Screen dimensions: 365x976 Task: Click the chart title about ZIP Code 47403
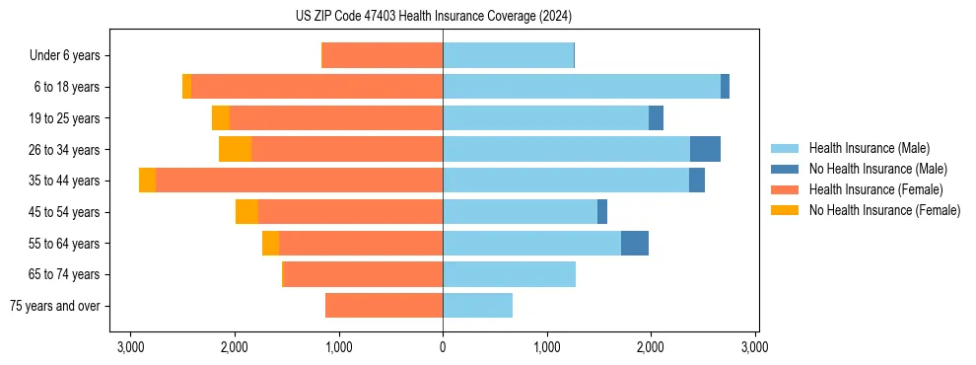pos(433,16)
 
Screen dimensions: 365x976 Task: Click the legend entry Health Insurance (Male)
pos(869,148)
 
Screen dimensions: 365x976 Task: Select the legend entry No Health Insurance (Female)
pos(884,210)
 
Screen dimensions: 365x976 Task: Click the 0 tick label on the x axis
pos(443,347)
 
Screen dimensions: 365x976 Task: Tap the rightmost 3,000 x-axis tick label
pos(754,347)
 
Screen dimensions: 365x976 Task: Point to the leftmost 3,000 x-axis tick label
pos(130,347)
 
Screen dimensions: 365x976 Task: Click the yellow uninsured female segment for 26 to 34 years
pos(235,149)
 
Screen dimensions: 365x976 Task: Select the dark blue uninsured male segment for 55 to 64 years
pos(634,243)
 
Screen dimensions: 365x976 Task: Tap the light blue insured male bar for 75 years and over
pos(477,306)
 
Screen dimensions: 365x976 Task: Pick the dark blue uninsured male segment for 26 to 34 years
pos(705,149)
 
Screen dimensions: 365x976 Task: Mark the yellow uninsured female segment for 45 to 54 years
pos(246,212)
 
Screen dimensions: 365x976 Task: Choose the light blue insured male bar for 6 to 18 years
pos(582,87)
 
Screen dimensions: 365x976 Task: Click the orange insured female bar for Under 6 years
pos(383,56)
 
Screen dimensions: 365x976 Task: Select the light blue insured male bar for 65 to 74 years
pos(509,274)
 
